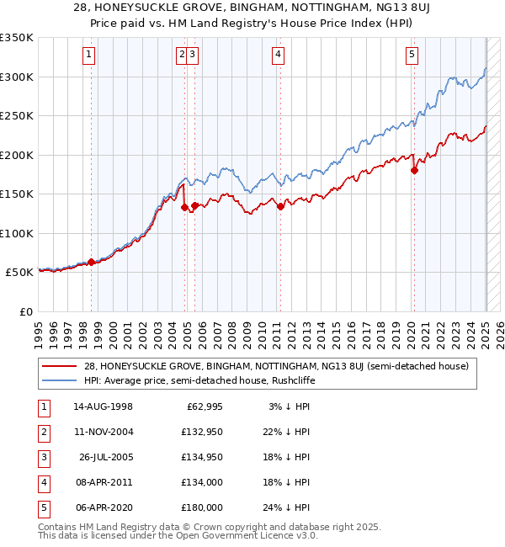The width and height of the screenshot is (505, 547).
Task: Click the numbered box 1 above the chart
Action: [89, 56]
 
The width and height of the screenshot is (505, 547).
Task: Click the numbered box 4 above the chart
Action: [278, 56]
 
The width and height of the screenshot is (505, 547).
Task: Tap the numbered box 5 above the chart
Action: [412, 56]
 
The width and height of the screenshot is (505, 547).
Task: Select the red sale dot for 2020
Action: [414, 170]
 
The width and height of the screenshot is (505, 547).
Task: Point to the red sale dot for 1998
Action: [91, 263]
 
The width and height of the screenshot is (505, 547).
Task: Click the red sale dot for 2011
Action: [280, 207]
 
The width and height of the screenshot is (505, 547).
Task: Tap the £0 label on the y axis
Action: [24, 311]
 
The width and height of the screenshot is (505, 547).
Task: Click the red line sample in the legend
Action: [58, 365]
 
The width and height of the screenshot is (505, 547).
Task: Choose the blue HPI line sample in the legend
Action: [58, 380]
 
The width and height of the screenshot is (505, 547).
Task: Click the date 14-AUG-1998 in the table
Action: [103, 406]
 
